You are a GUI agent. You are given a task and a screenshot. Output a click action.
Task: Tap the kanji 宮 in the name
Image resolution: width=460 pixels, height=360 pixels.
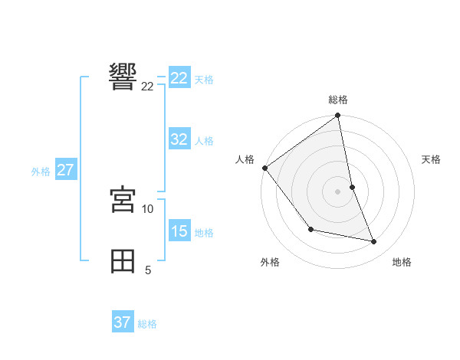(x=123, y=199)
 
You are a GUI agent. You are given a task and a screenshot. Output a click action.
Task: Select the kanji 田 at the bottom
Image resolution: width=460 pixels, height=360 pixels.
(x=123, y=260)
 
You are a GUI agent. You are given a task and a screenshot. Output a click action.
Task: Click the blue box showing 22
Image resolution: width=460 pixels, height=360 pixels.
(x=179, y=78)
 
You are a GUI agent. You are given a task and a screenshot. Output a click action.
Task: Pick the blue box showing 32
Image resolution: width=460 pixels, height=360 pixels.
(x=179, y=139)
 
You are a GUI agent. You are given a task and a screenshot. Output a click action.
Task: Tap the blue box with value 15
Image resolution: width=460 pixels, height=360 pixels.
(x=179, y=231)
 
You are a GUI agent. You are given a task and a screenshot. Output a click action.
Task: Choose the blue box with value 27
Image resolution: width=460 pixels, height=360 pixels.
(x=65, y=170)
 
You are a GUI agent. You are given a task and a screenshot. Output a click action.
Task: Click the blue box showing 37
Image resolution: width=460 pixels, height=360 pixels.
(x=123, y=322)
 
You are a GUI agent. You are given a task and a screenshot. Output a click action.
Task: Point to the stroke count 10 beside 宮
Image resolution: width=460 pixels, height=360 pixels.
(x=148, y=208)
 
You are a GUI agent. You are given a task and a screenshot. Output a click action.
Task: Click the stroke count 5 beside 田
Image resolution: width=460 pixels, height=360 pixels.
(x=148, y=270)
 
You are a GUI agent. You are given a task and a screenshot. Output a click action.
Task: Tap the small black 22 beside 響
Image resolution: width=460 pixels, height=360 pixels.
(x=148, y=86)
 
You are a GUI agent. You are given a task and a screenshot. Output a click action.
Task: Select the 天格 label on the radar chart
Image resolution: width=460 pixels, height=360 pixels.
(x=431, y=159)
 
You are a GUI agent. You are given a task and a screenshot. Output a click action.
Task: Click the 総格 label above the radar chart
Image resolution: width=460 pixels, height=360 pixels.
(x=338, y=100)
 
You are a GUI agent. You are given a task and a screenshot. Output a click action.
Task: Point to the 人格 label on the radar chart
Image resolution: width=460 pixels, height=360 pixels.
(x=245, y=159)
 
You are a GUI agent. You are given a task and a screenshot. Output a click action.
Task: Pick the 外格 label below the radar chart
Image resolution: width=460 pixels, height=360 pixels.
(x=269, y=262)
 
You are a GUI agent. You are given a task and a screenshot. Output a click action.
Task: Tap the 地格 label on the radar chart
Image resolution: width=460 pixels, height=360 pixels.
(x=402, y=262)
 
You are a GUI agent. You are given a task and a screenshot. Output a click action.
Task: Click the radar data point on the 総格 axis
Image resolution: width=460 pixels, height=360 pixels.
(x=338, y=116)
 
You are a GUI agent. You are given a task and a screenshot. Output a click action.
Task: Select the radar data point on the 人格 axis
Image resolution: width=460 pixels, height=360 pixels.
(x=265, y=168)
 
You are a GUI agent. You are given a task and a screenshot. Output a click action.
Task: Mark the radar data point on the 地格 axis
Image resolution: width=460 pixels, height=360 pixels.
(x=374, y=241)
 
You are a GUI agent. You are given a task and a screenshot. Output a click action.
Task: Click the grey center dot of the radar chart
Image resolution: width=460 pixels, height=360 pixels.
(x=338, y=191)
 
